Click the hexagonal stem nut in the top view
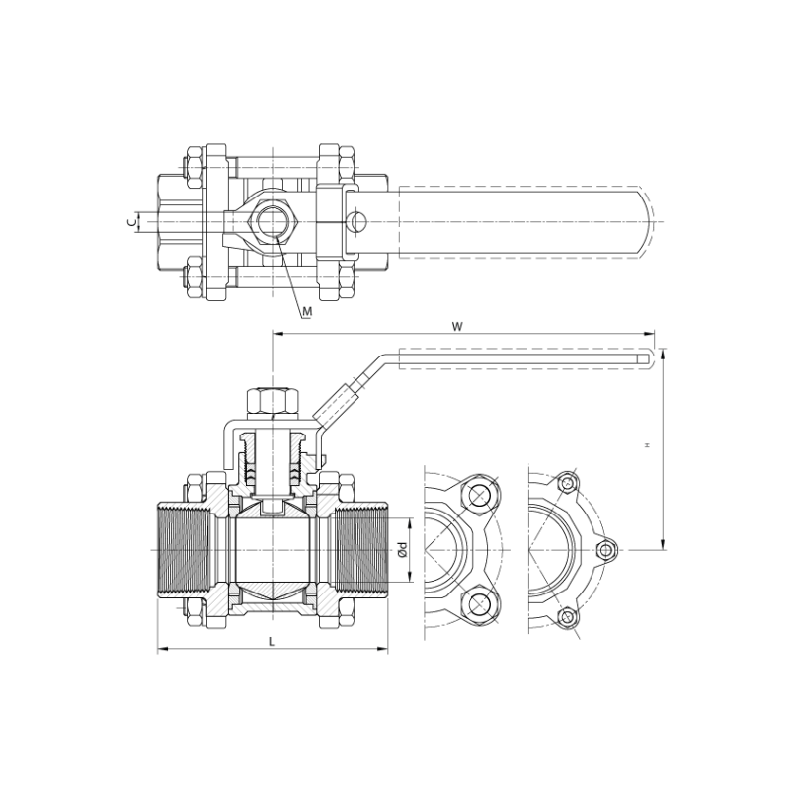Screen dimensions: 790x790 271,221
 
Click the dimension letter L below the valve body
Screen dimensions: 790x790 273,643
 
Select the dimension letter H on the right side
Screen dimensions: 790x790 647,445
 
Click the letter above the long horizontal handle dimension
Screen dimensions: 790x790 456,325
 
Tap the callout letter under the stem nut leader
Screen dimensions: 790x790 306,313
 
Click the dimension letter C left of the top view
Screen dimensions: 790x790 131,222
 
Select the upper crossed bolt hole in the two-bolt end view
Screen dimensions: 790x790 479,494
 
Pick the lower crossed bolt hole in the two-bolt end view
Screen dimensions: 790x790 479,604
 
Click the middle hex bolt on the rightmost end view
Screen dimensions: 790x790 607,549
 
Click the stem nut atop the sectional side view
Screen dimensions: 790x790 273,403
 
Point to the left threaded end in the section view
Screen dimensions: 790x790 188,549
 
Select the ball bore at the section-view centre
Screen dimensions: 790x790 273,549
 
